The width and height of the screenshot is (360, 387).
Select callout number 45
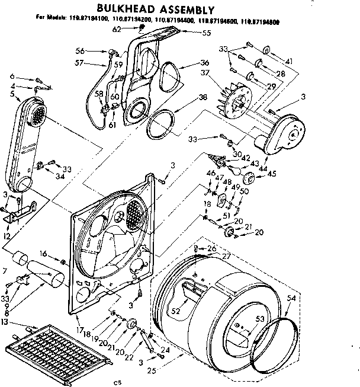272,174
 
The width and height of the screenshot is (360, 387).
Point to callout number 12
7,236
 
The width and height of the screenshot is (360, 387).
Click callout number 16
43,254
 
